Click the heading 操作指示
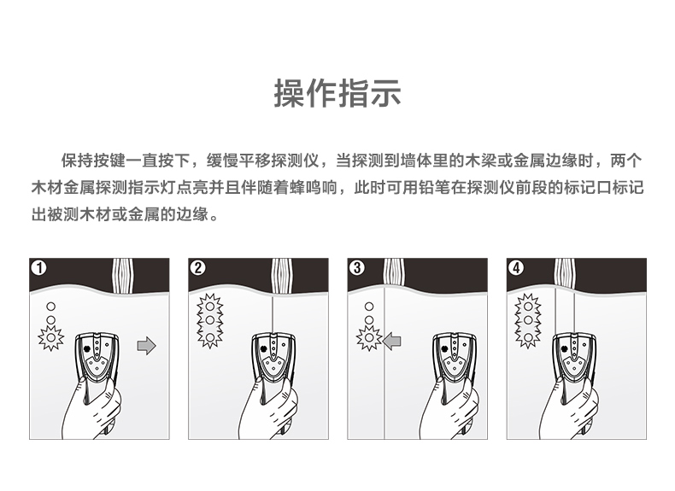coord(337,93)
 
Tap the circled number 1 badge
coord(39,268)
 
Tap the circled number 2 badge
coord(198,268)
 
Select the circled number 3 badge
coord(357,268)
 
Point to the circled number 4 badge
coord(516,268)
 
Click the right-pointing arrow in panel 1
coord(146,345)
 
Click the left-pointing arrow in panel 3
coord(391,342)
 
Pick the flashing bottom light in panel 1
coord(50,337)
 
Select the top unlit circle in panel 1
coord(50,307)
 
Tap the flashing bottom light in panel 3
coord(369,337)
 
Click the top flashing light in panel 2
coord(209,307)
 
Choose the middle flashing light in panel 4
coord(528,320)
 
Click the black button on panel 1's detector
coord(87,348)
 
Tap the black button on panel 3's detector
coord(444,348)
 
